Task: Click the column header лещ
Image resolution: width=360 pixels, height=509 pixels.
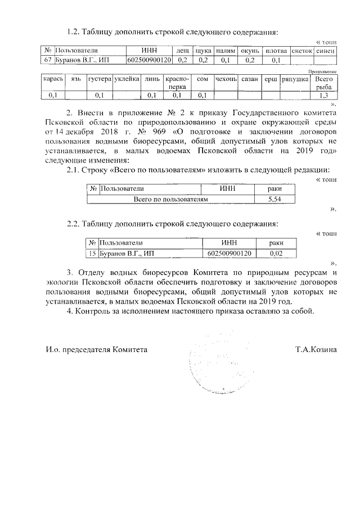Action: tap(182, 51)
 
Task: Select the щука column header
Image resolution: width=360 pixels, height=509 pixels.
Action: tap(203, 51)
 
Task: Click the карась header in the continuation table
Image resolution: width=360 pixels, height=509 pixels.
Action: tap(53, 80)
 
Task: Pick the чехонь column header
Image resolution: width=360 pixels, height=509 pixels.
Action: tap(226, 80)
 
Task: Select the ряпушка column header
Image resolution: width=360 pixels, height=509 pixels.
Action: tap(294, 80)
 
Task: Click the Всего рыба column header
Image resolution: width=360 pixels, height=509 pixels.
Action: tap(324, 84)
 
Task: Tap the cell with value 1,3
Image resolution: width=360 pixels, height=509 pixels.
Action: tap(324, 95)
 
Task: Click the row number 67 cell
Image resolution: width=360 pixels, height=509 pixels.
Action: tap(47, 60)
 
